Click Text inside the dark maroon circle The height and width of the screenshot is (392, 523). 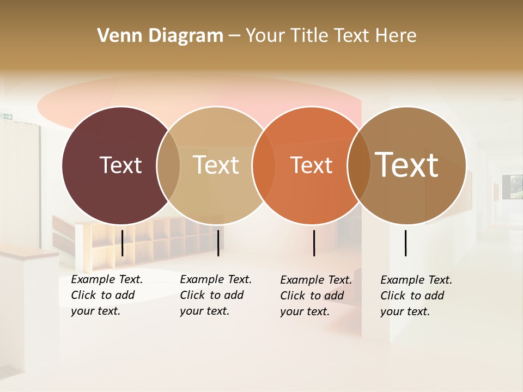point(120,165)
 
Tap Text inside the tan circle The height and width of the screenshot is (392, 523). point(216,165)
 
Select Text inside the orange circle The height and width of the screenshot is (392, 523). point(311,166)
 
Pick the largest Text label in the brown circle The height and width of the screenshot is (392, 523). point(406,165)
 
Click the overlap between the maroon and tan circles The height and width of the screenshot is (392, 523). point(168,165)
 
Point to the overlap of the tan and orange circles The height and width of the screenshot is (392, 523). point(264,165)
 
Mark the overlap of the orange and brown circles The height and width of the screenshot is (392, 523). point(358,165)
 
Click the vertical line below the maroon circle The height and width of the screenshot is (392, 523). point(123,243)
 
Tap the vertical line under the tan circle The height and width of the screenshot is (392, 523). point(218,243)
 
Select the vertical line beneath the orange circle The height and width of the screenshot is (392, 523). point(314,243)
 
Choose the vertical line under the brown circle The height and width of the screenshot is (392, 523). point(405,243)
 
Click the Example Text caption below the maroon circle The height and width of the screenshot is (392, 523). point(107,279)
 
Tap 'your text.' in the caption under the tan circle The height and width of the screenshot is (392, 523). point(204,311)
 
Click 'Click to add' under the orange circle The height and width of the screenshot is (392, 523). point(312,296)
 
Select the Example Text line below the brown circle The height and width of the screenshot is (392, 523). point(416,280)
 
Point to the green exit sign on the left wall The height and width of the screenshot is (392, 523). point(6,115)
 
